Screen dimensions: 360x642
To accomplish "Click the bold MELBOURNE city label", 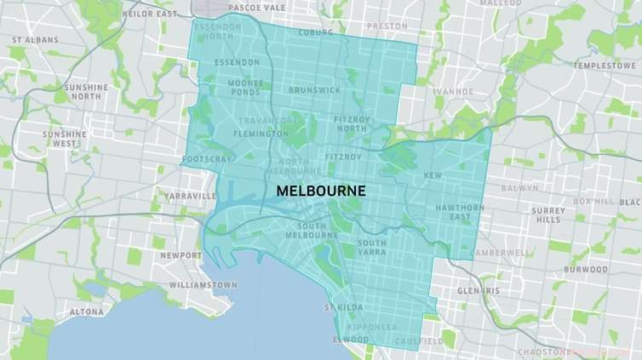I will [x=320, y=191].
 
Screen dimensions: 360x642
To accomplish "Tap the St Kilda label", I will [x=343, y=306].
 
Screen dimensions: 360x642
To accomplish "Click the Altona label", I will [x=86, y=311].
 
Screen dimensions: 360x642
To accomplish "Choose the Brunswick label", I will [x=313, y=89].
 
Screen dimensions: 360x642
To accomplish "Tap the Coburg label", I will [x=315, y=33].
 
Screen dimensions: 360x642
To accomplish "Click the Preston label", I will [x=387, y=26].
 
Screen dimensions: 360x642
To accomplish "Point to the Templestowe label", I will [x=604, y=65].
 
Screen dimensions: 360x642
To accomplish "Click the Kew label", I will [x=433, y=175].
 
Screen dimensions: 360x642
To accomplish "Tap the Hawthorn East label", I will [x=459, y=212].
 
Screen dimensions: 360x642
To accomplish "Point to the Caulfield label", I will [x=419, y=341].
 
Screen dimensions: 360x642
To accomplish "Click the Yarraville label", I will [x=191, y=196].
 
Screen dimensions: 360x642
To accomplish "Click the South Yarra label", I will [x=371, y=248].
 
